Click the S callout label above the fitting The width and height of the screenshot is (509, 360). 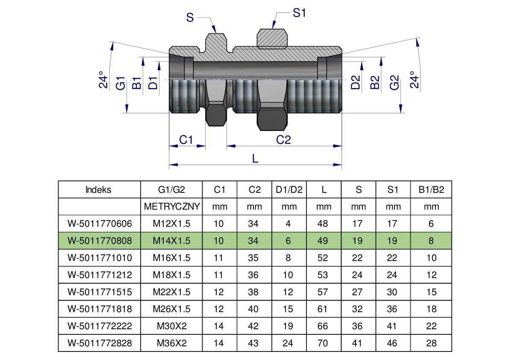[190, 18]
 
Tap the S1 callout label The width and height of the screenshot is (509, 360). [299, 13]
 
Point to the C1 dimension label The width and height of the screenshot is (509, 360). [186, 140]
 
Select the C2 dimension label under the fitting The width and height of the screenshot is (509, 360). [283, 140]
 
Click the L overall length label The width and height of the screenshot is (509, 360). [255, 158]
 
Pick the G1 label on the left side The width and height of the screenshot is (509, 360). [121, 83]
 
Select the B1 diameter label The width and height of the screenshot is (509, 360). [137, 83]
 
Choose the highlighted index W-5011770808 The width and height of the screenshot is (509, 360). [100, 241]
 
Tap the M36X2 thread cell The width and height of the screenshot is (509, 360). [172, 343]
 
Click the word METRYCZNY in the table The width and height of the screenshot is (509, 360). [172, 207]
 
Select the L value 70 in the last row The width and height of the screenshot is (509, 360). [323, 343]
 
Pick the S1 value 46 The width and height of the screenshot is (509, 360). [392, 343]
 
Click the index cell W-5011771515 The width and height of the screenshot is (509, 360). [100, 292]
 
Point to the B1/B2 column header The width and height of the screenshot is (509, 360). [431, 190]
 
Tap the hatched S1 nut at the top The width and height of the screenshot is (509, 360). [271, 38]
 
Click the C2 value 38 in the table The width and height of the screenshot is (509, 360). [253, 292]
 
